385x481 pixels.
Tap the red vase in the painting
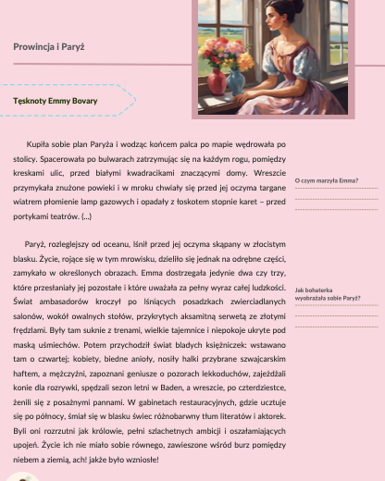coord(217,81)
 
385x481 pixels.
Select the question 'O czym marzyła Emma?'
coord(326,180)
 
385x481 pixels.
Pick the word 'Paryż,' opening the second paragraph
coord(37,241)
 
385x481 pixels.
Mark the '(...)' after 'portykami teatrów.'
coord(87,216)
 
